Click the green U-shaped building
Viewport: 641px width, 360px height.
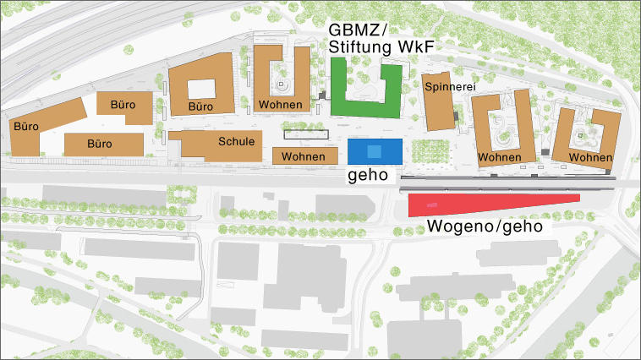tap(364, 107)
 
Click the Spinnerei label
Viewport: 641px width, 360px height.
tap(448, 86)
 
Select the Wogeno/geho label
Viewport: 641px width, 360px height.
tap(484, 226)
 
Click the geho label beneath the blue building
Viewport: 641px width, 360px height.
tap(368, 175)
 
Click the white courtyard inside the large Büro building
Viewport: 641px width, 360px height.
tap(201, 88)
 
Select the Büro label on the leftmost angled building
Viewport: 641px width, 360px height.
tap(27, 127)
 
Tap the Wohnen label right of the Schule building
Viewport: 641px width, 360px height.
tap(304, 157)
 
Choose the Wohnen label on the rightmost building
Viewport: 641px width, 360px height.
tap(590, 158)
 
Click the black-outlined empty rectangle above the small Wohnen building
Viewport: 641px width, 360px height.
tap(306, 134)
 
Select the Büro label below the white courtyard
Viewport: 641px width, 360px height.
tap(200, 107)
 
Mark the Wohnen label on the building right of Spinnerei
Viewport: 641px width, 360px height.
tap(499, 158)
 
